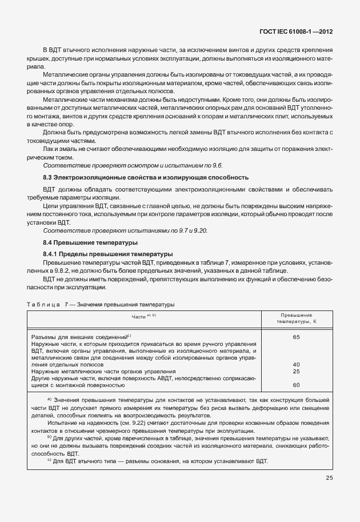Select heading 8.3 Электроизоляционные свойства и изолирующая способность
146,177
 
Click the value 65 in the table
296,337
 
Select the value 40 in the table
296,364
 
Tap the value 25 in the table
296,371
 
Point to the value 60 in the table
296,385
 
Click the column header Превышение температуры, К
296,318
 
